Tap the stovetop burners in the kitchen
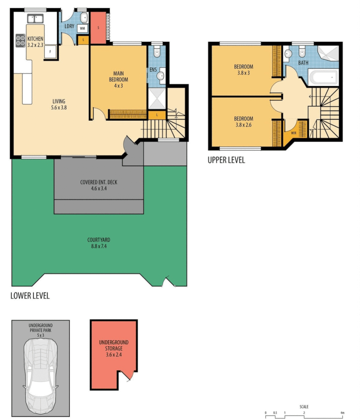pos(20,40)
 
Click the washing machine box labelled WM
pos(83,28)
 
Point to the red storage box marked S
pos(98,28)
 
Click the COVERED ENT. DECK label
pos(99,185)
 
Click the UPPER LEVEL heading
pos(226,160)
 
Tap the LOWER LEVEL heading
pos(30,296)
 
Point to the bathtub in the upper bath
pos(324,78)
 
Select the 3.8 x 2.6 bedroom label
pos(243,122)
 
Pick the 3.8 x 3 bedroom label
pos(243,69)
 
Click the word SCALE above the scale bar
pos(304,407)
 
